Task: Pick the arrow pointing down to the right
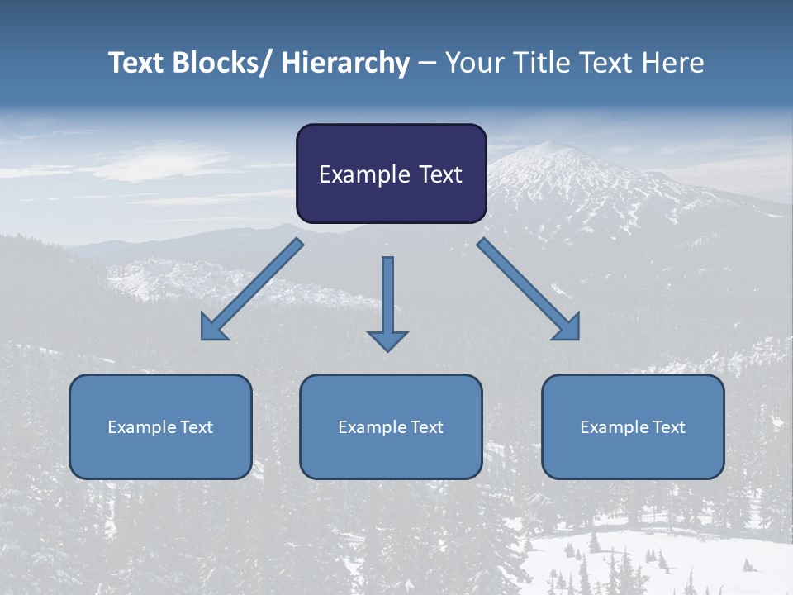529,289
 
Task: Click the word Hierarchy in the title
345,64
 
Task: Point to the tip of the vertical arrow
387,350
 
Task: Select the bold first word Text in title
137,64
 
